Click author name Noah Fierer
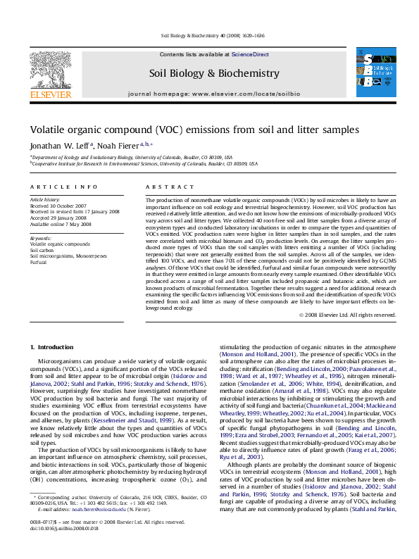click(x=114, y=144)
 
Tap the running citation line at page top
click(x=209, y=34)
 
